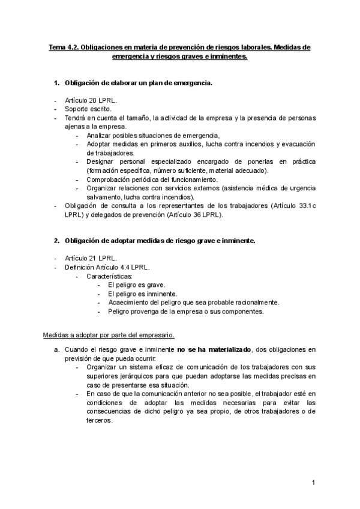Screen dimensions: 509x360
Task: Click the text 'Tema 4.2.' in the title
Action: point(63,47)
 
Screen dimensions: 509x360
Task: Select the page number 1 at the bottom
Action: point(314,483)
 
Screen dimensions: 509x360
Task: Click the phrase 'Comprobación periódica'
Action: point(122,179)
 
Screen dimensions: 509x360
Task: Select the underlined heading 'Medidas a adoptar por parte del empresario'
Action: point(108,334)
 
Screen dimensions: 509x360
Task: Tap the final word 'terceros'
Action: point(100,421)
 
